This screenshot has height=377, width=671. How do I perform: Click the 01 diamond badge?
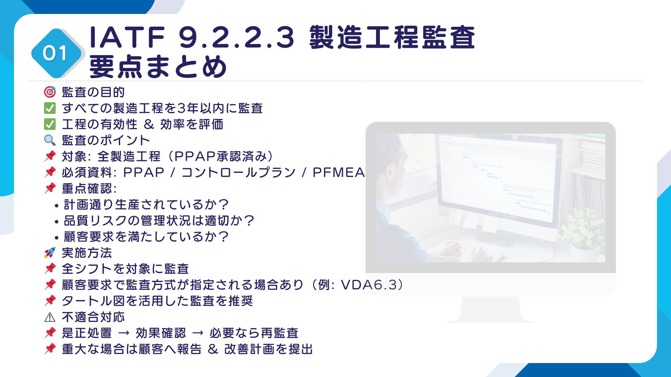coord(56,53)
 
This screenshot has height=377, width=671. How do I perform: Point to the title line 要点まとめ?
coord(158,66)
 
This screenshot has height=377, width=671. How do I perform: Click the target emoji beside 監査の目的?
coord(50,92)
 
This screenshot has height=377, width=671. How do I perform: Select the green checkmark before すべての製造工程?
coord(50,108)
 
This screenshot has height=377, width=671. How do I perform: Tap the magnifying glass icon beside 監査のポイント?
coord(50,140)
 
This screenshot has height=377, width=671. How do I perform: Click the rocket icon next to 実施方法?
coord(50,253)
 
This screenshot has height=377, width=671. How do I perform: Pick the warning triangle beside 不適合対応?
coord(50,317)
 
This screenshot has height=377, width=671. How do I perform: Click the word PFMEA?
coord(338,172)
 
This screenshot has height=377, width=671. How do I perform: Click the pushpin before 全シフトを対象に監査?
coord(50,269)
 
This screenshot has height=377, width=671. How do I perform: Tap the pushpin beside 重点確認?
coord(50,188)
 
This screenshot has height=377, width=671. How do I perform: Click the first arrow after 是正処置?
coord(124,333)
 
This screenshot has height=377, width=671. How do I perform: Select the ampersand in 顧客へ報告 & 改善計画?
coord(213,349)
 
